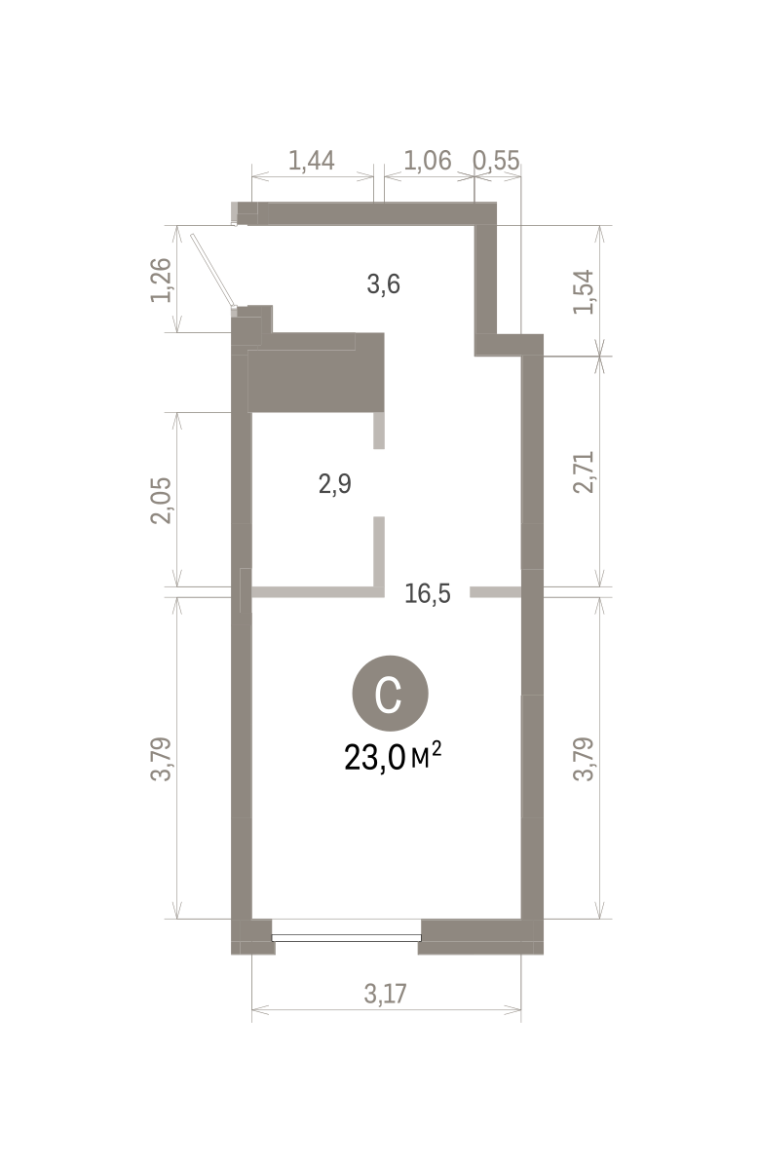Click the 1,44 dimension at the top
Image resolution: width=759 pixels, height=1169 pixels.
[x=311, y=160]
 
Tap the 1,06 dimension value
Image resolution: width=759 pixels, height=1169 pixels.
[x=428, y=160]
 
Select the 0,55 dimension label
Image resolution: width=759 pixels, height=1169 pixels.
[x=497, y=160]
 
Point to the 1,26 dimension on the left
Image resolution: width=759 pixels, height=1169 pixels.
[x=161, y=281]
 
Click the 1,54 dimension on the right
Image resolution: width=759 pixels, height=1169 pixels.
[x=583, y=291]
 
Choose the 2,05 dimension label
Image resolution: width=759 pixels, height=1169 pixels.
[x=161, y=500]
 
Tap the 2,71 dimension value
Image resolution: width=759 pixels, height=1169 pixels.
[x=583, y=471]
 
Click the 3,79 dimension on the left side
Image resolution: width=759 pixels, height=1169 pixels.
[x=161, y=759]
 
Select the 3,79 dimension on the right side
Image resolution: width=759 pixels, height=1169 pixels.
[x=583, y=759]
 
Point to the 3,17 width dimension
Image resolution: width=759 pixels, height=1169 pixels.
[x=385, y=994]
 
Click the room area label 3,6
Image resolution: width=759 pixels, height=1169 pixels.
[x=383, y=284]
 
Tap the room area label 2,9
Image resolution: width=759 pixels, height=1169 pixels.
[x=334, y=484]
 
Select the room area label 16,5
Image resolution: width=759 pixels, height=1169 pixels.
[x=428, y=593]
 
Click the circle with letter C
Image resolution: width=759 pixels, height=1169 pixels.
[x=391, y=693]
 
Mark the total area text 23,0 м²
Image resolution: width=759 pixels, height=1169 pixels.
[x=393, y=757]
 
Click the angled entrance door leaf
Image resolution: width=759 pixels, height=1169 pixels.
[x=212, y=270]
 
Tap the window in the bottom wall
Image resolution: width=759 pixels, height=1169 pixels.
[x=346, y=938]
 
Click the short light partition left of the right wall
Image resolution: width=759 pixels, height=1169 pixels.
[x=495, y=592]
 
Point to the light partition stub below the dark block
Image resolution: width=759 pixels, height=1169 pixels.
[x=379, y=431]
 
